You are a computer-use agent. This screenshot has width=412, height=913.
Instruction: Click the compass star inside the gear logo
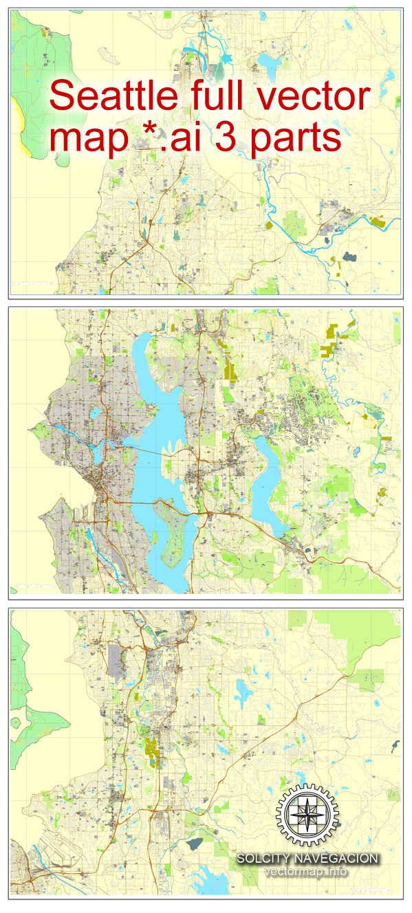click(307, 815)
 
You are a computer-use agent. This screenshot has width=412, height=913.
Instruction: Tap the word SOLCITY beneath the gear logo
click(269, 859)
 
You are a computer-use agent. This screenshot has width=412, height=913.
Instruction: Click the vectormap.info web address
click(306, 872)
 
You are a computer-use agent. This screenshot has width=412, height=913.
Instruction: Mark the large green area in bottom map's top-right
click(361, 629)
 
